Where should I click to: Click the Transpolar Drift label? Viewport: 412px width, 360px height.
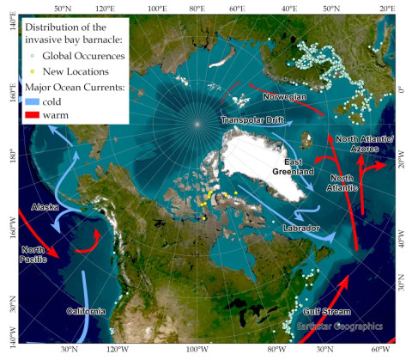click(x=252, y=120)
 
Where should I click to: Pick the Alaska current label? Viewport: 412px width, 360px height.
click(x=45, y=208)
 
